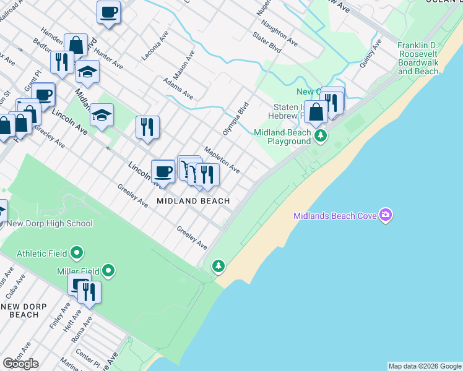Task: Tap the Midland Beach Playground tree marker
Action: coord(320,135)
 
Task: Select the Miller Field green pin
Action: coord(109,270)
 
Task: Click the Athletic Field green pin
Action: coord(77,253)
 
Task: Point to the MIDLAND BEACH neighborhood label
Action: coord(193,201)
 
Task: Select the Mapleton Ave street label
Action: coord(222,159)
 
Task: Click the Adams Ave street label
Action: coord(178,88)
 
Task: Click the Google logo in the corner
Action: coord(20,364)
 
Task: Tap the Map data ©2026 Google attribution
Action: coord(425,366)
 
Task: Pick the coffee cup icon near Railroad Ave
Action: coord(109,12)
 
